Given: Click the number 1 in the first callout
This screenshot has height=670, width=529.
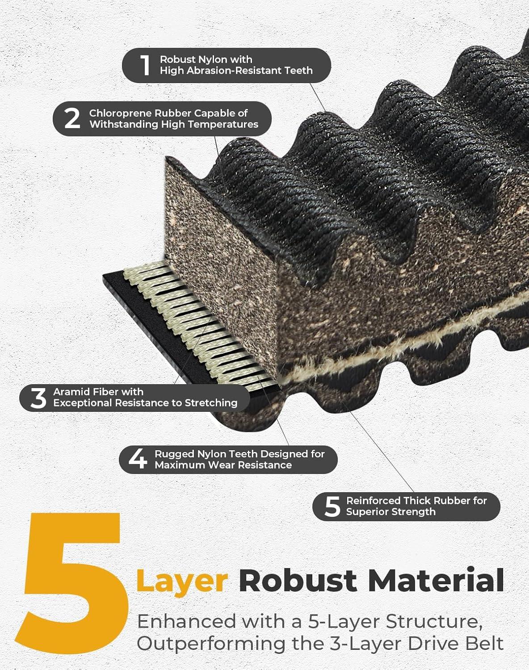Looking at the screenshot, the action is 145,65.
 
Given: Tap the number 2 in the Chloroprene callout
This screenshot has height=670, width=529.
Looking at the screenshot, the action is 72,119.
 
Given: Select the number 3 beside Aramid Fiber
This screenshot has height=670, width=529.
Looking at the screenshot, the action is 38,398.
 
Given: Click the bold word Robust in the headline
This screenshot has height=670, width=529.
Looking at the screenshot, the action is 298,580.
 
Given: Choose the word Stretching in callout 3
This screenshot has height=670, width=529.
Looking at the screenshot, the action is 211,403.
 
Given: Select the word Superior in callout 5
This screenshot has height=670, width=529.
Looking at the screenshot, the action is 366,512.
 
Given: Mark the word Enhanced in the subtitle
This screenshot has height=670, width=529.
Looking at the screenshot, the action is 187,621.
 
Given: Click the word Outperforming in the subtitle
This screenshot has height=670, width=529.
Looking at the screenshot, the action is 211,644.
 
